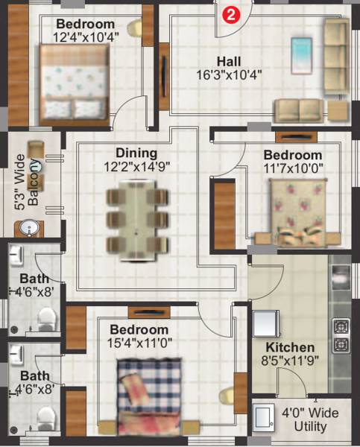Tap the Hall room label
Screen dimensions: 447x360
click(228, 60)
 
